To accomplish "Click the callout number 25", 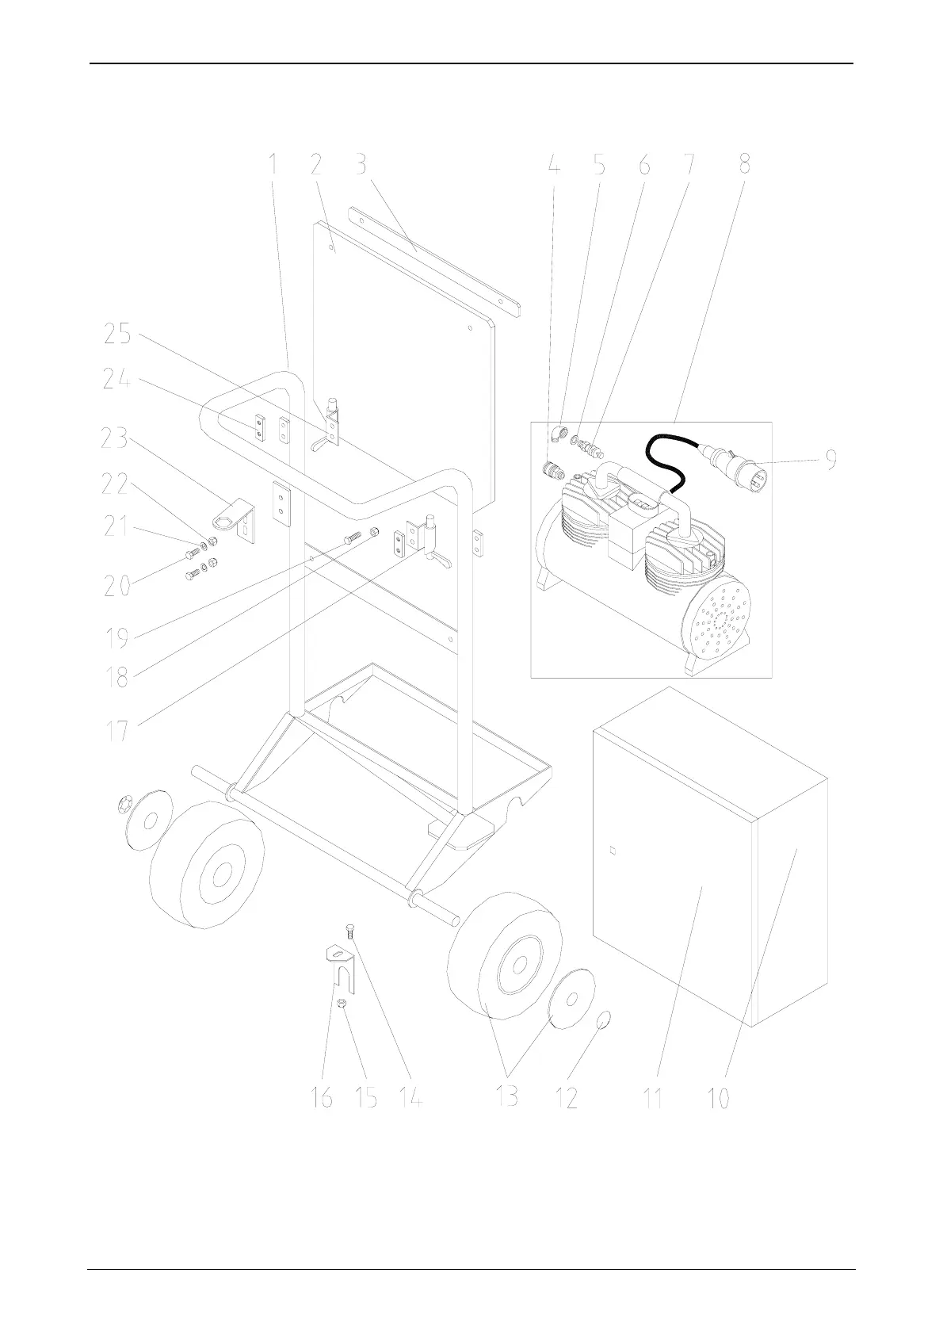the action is click(117, 334).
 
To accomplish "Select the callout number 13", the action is click(506, 1096).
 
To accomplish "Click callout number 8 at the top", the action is click(743, 165).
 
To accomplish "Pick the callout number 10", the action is click(719, 1099).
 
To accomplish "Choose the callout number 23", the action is click(116, 438).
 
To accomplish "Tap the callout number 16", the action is click(322, 1099).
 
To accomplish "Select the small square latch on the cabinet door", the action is click(612, 852).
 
